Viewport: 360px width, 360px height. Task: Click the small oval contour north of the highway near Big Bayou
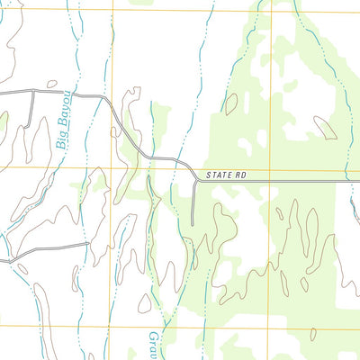[51, 85]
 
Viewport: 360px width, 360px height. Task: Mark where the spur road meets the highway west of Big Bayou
[33, 91]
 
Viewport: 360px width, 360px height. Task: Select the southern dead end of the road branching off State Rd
[193, 225]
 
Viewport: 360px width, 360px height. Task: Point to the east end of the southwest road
[87, 242]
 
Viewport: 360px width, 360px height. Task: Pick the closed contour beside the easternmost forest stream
[326, 128]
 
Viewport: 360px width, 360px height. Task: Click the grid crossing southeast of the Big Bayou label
[112, 167]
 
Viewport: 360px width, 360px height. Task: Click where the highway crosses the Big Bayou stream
[73, 94]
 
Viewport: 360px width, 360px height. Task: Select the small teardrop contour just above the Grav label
[145, 302]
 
